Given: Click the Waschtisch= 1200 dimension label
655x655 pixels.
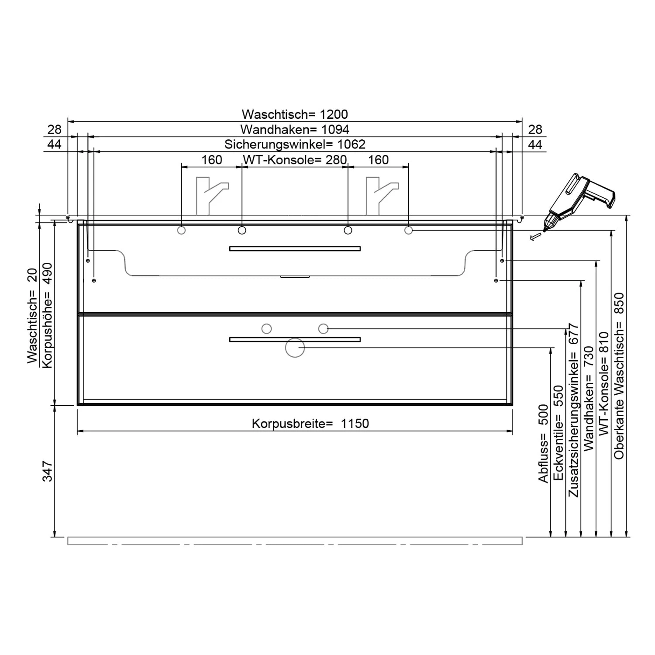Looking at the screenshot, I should [295, 114].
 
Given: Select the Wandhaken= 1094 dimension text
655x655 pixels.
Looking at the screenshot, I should [295, 129].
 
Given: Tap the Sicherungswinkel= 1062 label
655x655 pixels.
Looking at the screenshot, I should [295, 144].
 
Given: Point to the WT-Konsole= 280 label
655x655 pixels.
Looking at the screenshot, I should [295, 160].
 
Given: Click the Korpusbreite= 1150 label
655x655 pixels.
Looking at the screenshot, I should [310, 424].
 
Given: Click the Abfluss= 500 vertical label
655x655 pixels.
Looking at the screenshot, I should [543, 444].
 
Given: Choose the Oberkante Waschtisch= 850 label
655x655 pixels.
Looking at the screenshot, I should [619, 376].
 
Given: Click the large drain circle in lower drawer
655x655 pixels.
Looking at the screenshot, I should [295, 348].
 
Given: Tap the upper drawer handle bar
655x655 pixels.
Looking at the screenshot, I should [295, 248].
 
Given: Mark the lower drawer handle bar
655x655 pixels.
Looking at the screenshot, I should [295, 339].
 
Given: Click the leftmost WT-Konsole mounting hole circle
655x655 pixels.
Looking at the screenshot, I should [181, 230].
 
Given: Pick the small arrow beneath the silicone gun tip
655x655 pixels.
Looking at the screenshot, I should [534, 237].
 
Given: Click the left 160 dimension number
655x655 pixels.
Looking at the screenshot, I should [212, 160].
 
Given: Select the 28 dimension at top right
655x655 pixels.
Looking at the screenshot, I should [535, 129].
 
